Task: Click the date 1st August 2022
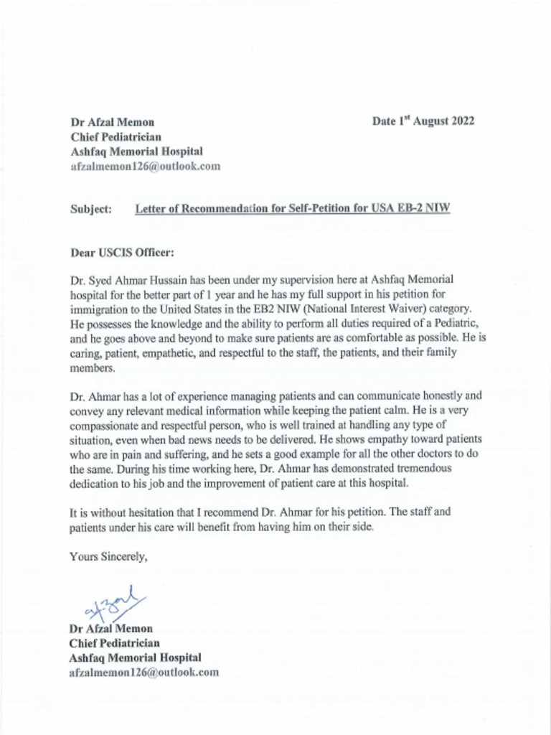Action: click(x=423, y=121)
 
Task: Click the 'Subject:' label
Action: click(x=90, y=209)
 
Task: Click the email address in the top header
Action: click(x=145, y=166)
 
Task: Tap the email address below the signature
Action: click(x=143, y=673)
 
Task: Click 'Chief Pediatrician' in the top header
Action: click(x=115, y=136)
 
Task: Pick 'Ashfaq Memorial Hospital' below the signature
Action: click(x=136, y=657)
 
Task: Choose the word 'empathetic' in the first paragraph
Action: click(x=193, y=354)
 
